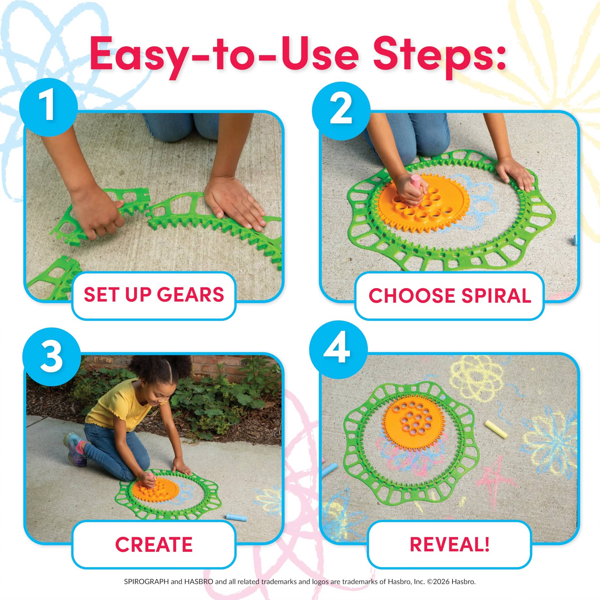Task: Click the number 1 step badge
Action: point(48,107)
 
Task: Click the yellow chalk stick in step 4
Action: point(496,429)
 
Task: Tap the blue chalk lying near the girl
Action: point(236,517)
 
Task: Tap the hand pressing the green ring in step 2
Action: point(514,174)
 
